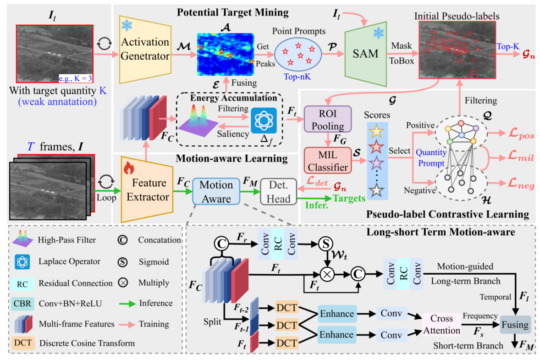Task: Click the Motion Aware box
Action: point(216,191)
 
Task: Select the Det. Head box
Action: point(279,193)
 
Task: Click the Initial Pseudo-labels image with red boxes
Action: point(457,52)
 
